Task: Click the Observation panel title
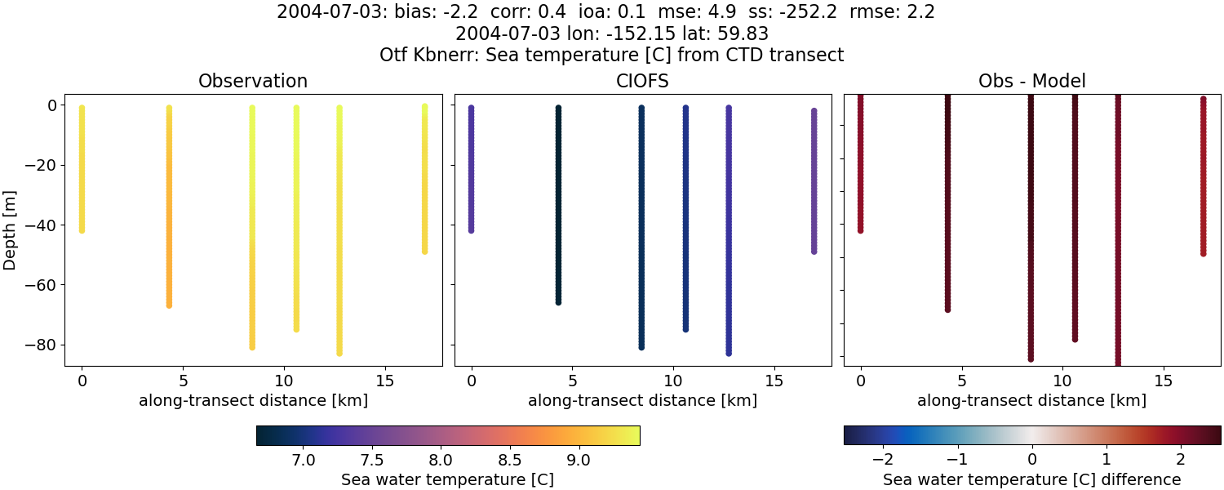(x=253, y=82)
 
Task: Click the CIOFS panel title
(x=642, y=82)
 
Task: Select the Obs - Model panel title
(x=1031, y=82)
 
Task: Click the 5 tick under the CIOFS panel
(x=573, y=381)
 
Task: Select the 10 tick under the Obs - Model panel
(x=1062, y=381)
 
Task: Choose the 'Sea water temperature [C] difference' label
(x=1031, y=480)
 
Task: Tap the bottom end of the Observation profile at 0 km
(x=82, y=230)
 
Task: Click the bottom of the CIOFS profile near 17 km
(x=814, y=251)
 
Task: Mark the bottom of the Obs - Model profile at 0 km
(x=861, y=230)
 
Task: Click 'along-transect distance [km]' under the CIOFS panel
(x=642, y=401)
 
